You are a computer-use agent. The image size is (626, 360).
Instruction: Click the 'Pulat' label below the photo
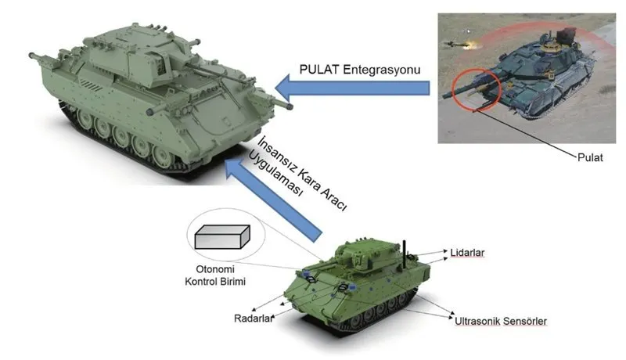(x=590, y=157)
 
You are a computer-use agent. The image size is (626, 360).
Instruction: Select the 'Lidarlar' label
(x=467, y=253)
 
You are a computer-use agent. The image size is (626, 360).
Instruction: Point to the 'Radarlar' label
(x=254, y=318)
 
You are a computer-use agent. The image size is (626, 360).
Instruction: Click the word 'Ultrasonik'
(x=477, y=321)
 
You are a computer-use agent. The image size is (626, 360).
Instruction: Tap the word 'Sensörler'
(x=524, y=321)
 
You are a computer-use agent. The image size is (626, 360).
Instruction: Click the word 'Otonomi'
(x=215, y=268)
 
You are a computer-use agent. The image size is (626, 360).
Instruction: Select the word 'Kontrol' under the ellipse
(x=200, y=282)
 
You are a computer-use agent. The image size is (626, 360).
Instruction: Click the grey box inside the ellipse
(x=222, y=237)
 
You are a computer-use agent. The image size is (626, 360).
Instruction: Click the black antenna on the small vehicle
(x=404, y=254)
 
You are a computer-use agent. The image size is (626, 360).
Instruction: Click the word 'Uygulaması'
(x=275, y=173)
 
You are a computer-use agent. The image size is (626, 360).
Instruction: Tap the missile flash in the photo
(x=474, y=45)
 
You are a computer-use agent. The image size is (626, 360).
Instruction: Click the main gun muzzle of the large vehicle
(x=288, y=106)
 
